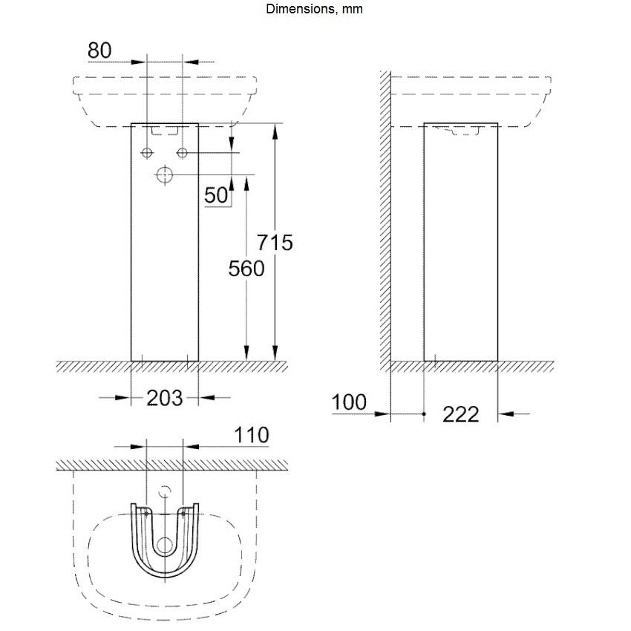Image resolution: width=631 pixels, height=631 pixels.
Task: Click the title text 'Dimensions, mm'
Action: (x=315, y=10)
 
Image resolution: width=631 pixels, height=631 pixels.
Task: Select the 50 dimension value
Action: (x=216, y=195)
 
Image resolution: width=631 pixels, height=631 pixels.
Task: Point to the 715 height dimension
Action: (x=275, y=242)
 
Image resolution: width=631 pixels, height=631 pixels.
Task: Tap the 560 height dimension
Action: (x=246, y=268)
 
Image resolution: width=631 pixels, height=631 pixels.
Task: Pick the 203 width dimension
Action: (x=164, y=398)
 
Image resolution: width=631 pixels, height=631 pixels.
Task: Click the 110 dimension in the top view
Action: (x=251, y=435)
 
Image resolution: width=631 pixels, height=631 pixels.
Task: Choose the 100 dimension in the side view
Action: (x=349, y=402)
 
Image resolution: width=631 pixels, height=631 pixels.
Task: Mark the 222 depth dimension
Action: (x=460, y=414)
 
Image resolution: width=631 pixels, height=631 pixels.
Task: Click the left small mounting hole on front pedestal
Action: (x=147, y=153)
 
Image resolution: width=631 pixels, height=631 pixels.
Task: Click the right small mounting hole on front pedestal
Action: (x=182, y=153)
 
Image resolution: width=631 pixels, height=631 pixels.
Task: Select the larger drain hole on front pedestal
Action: (x=165, y=175)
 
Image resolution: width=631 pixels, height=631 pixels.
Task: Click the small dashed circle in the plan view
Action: (x=165, y=491)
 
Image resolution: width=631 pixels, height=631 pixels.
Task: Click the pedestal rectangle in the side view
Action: (x=460, y=241)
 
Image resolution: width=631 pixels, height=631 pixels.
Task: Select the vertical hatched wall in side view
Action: (x=385, y=223)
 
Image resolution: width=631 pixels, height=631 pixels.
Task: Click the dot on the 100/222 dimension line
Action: (x=424, y=413)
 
